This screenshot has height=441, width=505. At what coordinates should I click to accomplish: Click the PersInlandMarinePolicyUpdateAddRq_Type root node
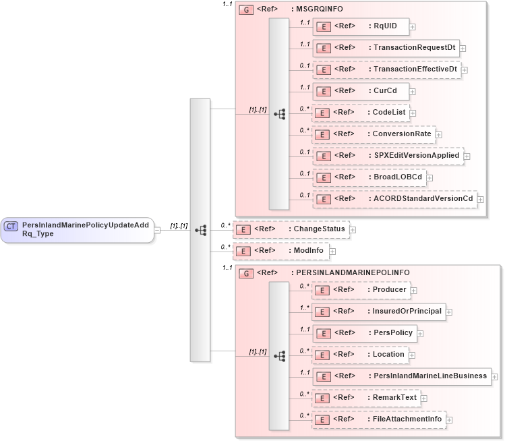[x=77, y=230]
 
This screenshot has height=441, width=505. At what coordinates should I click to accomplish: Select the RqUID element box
[x=360, y=26]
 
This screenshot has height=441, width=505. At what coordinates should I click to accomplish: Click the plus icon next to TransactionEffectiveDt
[x=465, y=69]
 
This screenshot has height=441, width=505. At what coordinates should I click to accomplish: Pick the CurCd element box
[x=360, y=91]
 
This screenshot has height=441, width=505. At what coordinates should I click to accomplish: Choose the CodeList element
[x=360, y=113]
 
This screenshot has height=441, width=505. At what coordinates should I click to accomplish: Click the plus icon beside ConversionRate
[x=439, y=134]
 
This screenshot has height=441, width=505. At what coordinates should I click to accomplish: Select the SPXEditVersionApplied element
[x=388, y=156]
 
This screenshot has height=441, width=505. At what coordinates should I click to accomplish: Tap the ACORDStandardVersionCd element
[x=394, y=199]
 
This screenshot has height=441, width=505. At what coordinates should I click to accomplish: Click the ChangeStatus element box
[x=291, y=229]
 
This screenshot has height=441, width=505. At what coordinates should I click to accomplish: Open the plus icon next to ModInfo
[x=332, y=251]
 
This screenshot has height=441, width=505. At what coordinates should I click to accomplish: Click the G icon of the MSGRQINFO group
[x=246, y=10]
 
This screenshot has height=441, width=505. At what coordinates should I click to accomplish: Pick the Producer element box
[x=361, y=290]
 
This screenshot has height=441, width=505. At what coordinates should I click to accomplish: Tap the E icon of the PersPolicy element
[x=323, y=333]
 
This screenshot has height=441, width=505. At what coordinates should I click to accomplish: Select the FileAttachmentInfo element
[x=378, y=419]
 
